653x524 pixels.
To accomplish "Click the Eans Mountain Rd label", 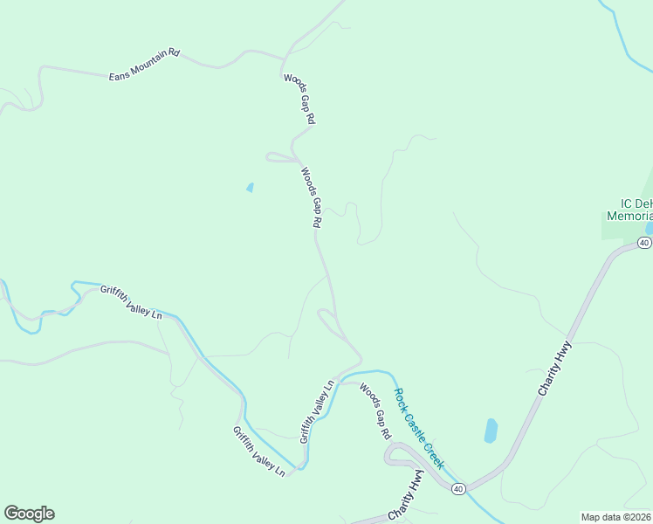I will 144,65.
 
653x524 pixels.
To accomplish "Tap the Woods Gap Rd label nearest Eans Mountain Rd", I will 299,98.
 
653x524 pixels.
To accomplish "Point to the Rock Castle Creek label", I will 419,428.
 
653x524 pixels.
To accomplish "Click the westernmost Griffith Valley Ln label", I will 131,302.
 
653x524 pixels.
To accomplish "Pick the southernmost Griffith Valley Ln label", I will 258,451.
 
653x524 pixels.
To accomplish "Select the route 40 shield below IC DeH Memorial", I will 644,242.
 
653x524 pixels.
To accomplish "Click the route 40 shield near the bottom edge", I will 458,489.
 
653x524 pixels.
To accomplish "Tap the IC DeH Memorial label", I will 630,210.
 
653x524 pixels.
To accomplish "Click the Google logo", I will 29,514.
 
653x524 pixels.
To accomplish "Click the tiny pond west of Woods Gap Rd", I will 251,187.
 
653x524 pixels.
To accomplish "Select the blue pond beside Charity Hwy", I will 491,431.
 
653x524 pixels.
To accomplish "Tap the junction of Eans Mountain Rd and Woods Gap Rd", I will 281,59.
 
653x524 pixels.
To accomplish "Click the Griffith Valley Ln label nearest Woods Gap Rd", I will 318,410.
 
